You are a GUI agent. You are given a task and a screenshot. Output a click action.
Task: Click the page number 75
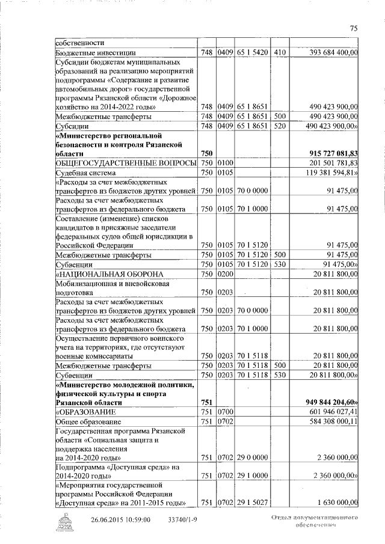tap(353, 27)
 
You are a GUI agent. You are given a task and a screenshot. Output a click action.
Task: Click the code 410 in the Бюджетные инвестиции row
tap(279, 53)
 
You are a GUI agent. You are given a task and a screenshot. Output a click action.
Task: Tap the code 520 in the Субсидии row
tap(279, 127)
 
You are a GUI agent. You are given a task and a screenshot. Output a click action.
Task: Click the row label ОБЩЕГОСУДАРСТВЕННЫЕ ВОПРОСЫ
tap(126, 164)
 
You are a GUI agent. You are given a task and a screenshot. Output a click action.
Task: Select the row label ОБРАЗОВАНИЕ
tap(83, 412)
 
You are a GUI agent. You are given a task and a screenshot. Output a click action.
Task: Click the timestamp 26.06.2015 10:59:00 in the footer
tap(120, 520)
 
